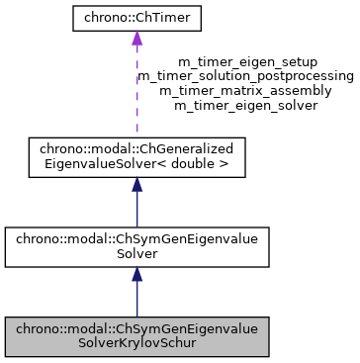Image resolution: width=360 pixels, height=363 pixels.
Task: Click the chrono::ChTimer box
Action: [136, 19]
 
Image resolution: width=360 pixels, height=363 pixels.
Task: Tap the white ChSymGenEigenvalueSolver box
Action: [136, 247]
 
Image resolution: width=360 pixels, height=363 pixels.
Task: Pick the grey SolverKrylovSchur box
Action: [136, 336]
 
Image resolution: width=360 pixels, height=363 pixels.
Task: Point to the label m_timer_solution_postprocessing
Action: [245, 75]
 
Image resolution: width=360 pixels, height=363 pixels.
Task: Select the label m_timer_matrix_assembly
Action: [245, 89]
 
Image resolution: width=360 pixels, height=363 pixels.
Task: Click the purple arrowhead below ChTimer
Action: [136, 39]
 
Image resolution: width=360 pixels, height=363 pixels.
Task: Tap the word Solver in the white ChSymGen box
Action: [136, 254]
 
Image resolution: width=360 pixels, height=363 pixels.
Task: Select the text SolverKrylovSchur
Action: [136, 343]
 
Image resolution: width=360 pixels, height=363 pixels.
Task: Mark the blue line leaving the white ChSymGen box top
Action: [136, 213]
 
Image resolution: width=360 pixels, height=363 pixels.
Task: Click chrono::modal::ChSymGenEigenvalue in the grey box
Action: [136, 329]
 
